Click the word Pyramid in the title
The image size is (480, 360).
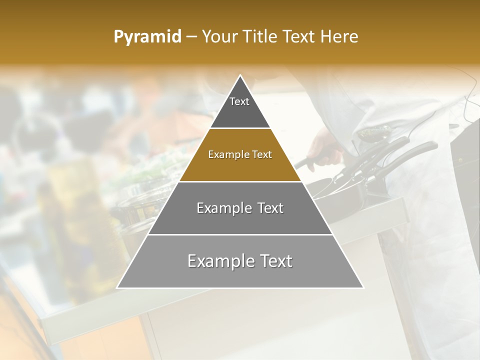pos(147,37)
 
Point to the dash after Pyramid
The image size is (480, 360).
pos(191,37)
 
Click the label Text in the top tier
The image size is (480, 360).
pos(239,101)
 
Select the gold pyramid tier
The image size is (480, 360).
pos(240,165)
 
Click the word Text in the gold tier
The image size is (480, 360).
pos(261,155)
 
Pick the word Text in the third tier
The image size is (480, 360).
pos(270,208)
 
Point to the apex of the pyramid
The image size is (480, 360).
pos(240,76)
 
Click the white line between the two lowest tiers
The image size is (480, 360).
pos(240,234)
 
